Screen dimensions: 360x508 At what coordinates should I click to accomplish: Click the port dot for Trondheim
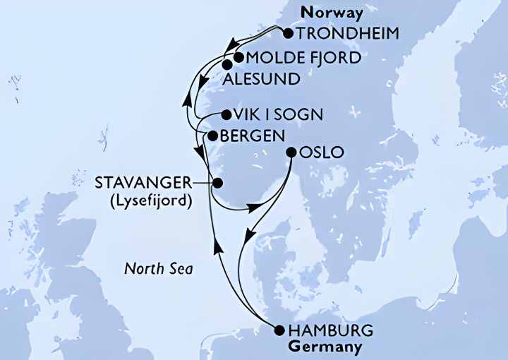[x=288, y=33]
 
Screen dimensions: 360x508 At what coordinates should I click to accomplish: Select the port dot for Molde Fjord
[x=238, y=57]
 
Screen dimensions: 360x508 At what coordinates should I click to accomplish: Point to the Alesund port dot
[x=226, y=65]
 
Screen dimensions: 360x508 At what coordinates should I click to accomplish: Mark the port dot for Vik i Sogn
[x=225, y=114]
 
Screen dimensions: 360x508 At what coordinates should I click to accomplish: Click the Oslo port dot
[x=291, y=152]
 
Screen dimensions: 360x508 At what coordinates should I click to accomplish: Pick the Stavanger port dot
[x=217, y=184]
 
